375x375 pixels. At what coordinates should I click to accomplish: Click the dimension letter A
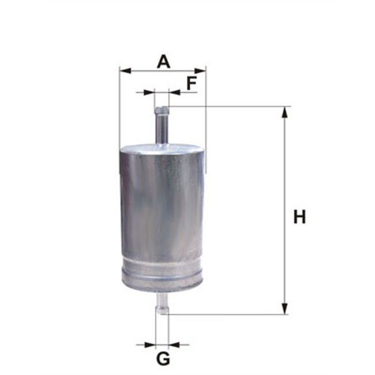coord(164,62)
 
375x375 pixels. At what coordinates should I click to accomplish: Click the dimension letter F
coord(192,83)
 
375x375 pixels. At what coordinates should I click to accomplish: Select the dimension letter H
coord(299,216)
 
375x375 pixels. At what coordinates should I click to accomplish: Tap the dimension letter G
coord(163,359)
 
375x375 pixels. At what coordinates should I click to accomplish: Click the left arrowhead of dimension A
coord(125,71)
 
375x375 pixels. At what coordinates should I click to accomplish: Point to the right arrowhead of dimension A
coord(200,71)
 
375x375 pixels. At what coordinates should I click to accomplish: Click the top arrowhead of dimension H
coord(284,112)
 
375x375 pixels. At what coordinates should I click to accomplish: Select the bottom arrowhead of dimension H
coord(284,309)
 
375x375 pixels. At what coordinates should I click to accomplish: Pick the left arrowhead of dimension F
coord(149,92)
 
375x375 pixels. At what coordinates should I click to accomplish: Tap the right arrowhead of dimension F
coord(175,92)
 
